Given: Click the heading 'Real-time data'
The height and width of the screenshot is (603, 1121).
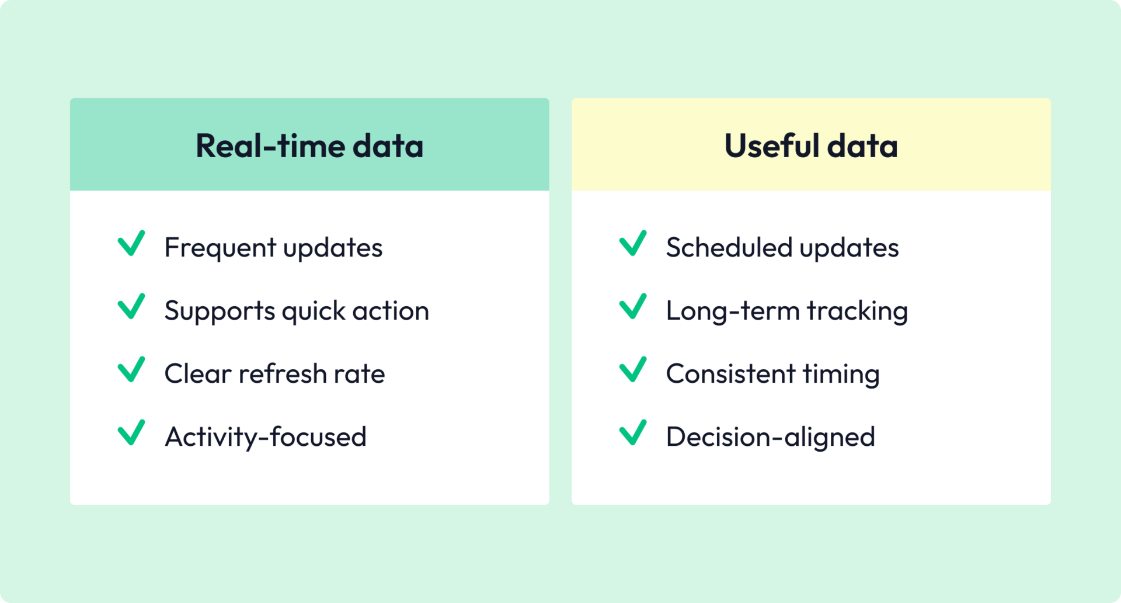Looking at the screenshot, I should pos(309,145).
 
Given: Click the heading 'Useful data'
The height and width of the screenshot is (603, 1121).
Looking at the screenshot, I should pos(811,145).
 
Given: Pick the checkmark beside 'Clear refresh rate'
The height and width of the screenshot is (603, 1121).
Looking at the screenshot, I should pos(131,369).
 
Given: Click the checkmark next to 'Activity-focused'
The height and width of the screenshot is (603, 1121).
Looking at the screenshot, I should pos(131,432).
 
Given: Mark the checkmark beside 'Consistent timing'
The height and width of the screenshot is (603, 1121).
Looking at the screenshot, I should pos(633,369).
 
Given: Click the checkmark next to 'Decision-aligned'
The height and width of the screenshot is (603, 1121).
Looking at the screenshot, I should pos(633,432).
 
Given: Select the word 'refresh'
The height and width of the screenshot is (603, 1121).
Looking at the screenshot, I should pos(283,374).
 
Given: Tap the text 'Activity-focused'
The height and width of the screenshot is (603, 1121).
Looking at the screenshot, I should pos(266,437).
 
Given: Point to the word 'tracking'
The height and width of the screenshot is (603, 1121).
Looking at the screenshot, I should pos(857,311).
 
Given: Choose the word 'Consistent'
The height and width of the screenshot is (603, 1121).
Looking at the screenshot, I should pos(730,374).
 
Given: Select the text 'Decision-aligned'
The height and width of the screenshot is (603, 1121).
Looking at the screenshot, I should pos(771,437).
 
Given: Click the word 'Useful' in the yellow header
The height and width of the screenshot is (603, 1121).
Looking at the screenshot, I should pos(771,145).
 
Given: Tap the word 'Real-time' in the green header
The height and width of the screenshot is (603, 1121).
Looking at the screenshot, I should pos(270,145).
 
